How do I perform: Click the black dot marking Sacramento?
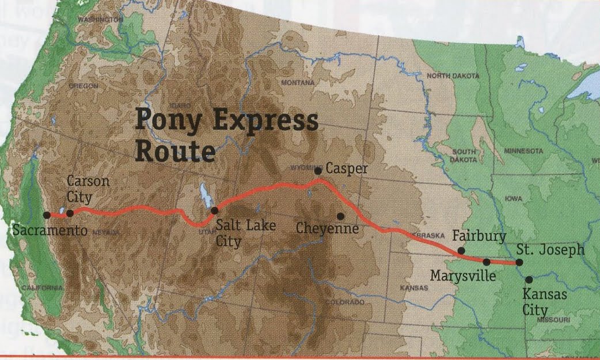pos(47,215)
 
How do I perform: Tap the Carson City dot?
pos(70,213)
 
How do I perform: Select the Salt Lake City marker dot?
pos(214,210)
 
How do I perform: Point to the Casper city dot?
pos(318,171)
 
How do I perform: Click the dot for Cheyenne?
pos(341,216)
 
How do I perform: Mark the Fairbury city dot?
pos(461,251)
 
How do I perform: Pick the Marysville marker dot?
pos(487,262)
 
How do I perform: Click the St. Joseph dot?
pos(519,262)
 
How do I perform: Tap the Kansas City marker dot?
pos(529,279)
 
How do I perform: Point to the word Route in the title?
pos(174,151)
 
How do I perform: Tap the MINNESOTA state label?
pos(523,150)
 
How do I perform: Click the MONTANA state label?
pos(298,83)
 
